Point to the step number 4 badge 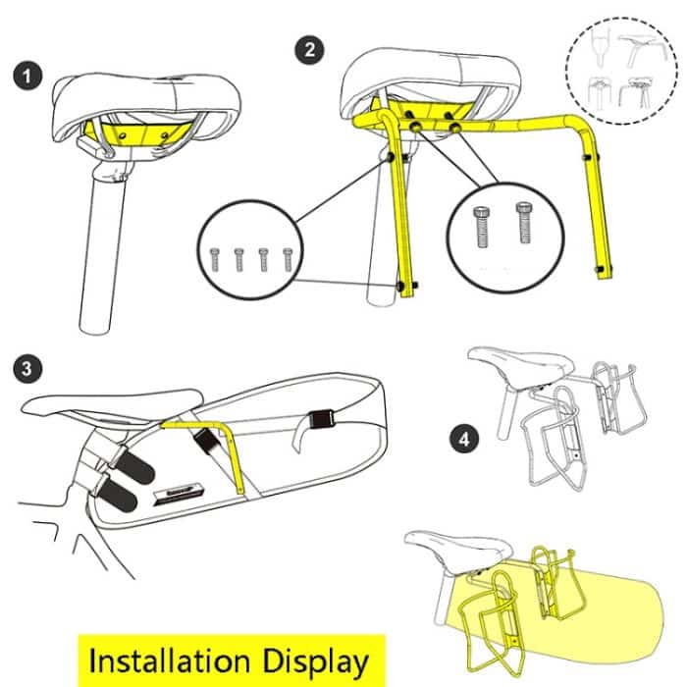click(462, 437)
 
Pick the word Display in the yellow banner click(319, 661)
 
